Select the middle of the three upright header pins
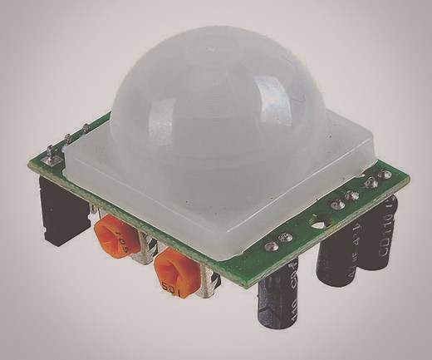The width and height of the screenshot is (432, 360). [69, 141]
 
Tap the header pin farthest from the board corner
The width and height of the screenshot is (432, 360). [86, 129]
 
